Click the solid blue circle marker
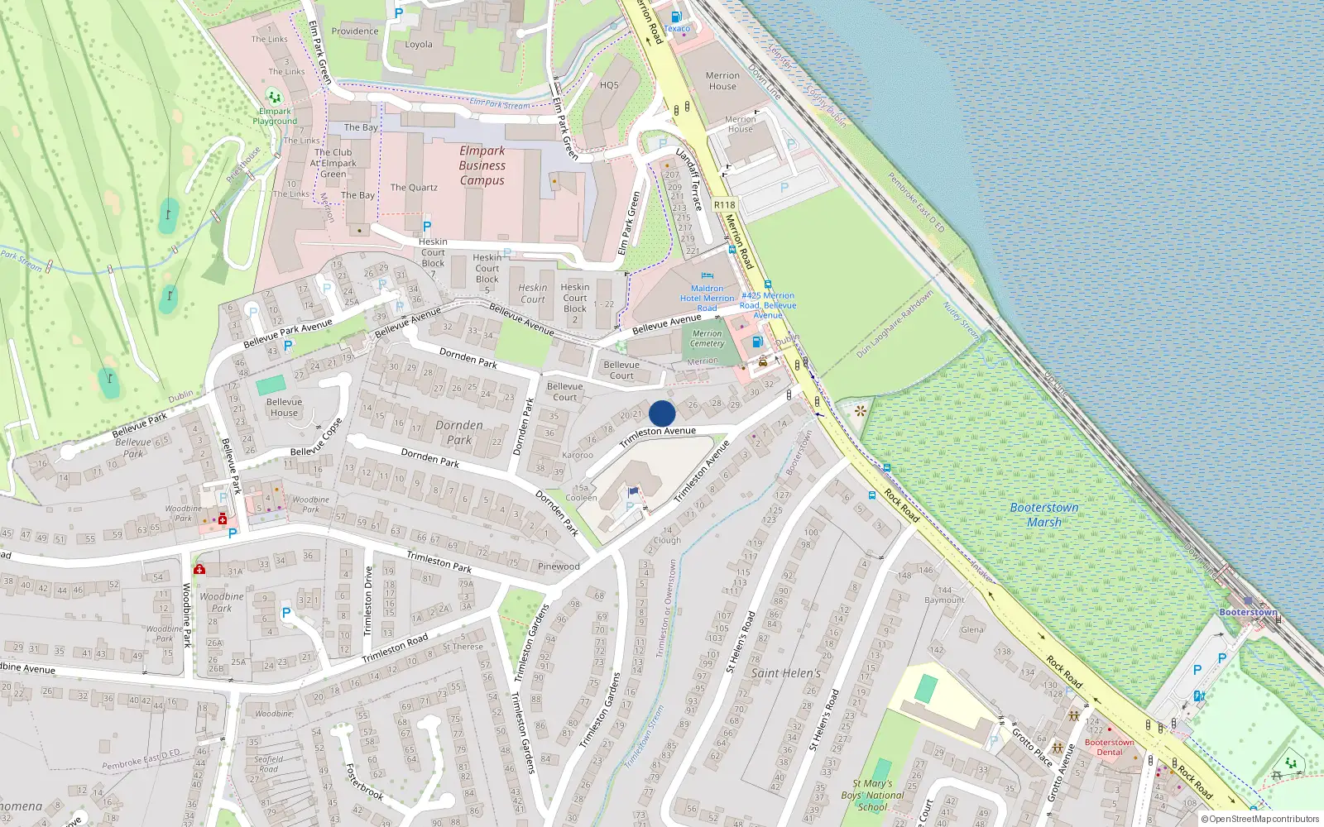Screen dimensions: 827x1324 click(662, 413)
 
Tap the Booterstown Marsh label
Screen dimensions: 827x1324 click(1044, 514)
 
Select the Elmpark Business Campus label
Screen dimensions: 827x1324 click(482, 165)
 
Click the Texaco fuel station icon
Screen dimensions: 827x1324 click(676, 17)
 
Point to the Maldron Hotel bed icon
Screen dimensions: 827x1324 click(707, 276)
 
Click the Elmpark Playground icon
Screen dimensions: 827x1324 click(274, 98)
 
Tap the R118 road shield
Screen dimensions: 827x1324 click(724, 205)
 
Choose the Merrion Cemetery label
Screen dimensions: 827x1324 click(707, 338)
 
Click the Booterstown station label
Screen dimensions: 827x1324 click(1248, 612)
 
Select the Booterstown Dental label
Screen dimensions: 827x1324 click(1110, 747)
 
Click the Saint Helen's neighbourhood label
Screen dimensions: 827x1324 click(786, 673)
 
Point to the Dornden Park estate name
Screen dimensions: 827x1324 click(459, 433)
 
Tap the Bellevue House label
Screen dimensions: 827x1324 click(284, 407)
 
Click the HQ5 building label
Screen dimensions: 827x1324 click(609, 85)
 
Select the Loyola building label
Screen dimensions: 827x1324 click(419, 45)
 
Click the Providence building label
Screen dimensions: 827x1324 click(355, 31)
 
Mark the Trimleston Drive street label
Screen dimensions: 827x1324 click(368, 601)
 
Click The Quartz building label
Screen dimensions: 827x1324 click(414, 188)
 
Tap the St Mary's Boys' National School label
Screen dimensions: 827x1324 click(872, 795)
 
